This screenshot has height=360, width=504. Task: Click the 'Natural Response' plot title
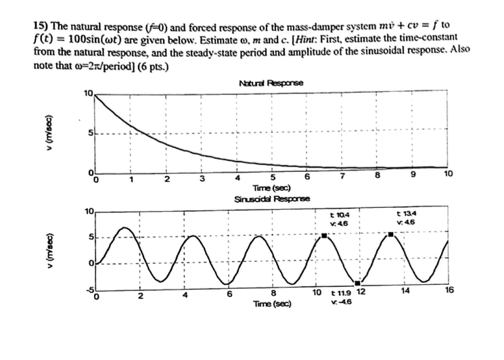[271, 83]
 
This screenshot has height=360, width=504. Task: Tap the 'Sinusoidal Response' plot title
[271, 200]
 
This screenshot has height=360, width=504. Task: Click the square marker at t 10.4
[325, 235]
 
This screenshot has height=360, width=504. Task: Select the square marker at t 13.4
[390, 235]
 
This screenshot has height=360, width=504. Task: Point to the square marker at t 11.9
[358, 283]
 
